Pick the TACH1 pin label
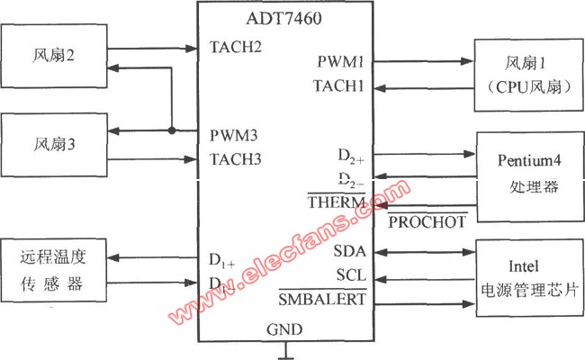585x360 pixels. [339, 86]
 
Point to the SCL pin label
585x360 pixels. [350, 274]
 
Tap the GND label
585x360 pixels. [284, 330]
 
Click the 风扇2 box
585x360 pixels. [57, 56]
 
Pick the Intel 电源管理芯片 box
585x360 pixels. [529, 279]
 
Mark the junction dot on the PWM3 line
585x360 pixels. [170, 131]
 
